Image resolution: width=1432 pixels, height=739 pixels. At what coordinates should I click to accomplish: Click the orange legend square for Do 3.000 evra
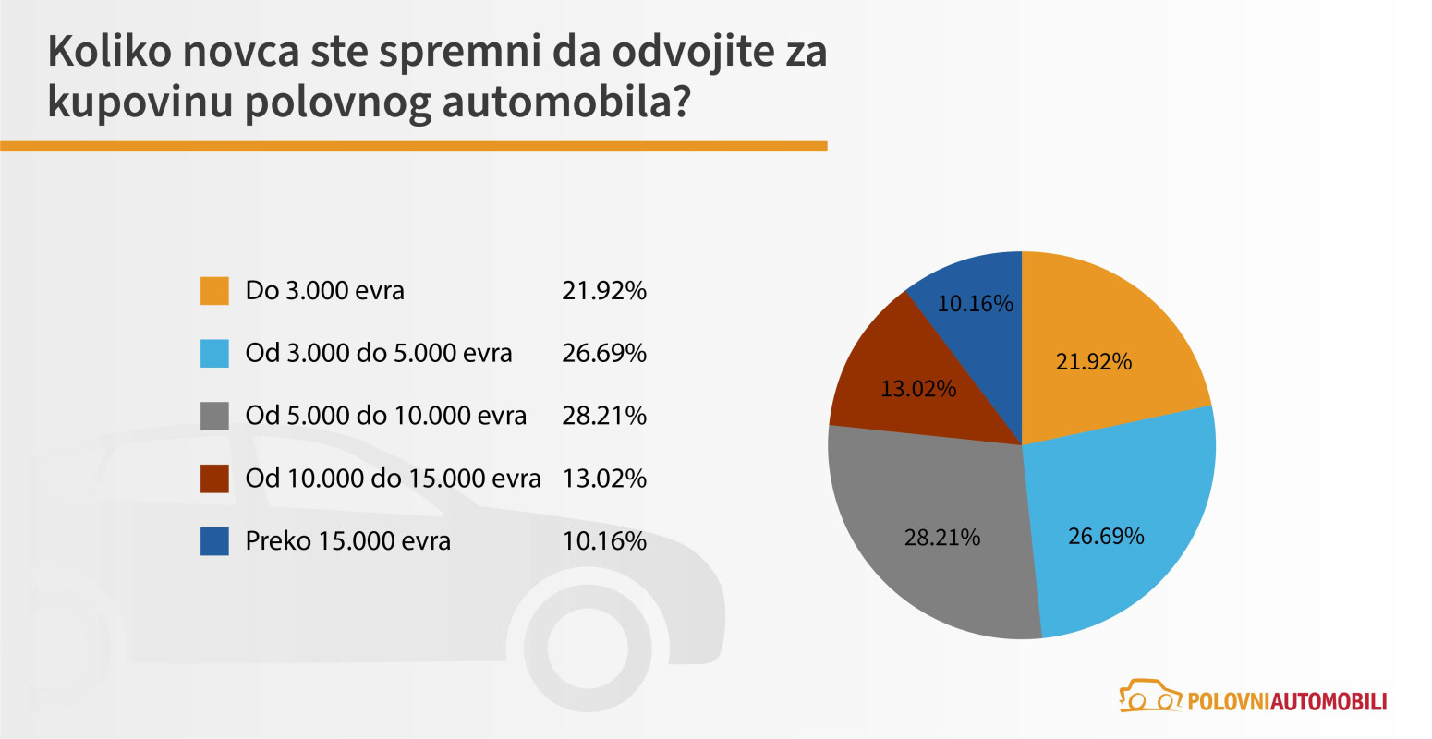[214, 291]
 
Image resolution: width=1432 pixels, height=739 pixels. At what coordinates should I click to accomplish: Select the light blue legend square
[214, 354]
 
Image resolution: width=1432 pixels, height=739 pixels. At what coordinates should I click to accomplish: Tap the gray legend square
[214, 416]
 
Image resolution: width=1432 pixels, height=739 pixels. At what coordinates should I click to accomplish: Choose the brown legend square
[214, 479]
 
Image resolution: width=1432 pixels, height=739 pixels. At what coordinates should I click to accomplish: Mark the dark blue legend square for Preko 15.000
[214, 541]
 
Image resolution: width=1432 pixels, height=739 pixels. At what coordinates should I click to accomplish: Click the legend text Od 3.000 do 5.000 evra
[378, 354]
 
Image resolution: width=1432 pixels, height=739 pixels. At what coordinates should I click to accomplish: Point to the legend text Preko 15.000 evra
[347, 541]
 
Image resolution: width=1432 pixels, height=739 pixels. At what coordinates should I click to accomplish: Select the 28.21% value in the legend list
[604, 416]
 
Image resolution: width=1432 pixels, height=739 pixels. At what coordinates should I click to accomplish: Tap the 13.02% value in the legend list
[604, 479]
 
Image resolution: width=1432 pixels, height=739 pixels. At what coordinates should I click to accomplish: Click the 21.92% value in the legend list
[604, 291]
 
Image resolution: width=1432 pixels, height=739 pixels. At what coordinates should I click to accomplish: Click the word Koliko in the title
[109, 51]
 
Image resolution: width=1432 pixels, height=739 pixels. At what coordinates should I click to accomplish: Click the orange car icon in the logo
[1150, 697]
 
